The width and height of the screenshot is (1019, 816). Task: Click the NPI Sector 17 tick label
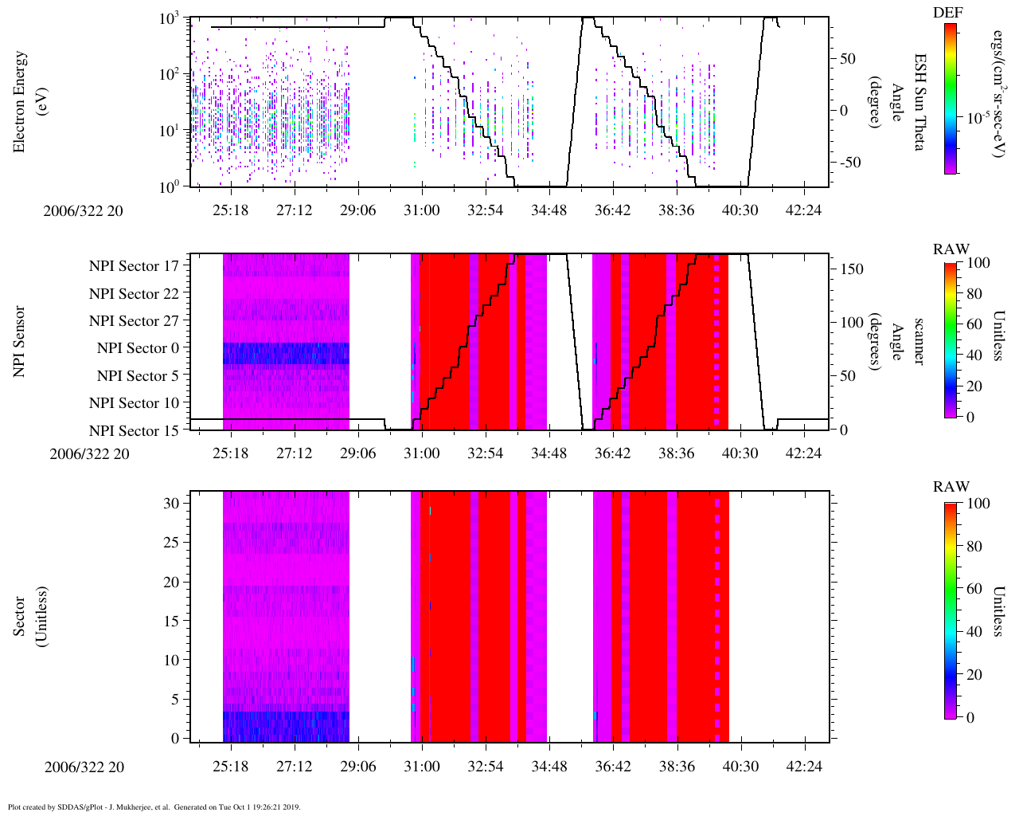135,266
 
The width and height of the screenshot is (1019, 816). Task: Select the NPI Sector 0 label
139,348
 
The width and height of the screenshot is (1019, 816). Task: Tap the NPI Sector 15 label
135,431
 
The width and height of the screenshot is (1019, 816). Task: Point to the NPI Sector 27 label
135,321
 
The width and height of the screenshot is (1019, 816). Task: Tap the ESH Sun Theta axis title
919,102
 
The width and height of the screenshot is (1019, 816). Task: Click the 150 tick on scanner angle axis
853,269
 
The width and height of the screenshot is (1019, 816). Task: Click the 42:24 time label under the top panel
803,210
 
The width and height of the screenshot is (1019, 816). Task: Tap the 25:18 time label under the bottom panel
230,767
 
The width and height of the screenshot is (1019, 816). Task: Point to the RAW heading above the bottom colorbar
951,487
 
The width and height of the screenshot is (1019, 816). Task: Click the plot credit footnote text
154,806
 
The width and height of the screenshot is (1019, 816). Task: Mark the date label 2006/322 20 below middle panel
89,454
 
